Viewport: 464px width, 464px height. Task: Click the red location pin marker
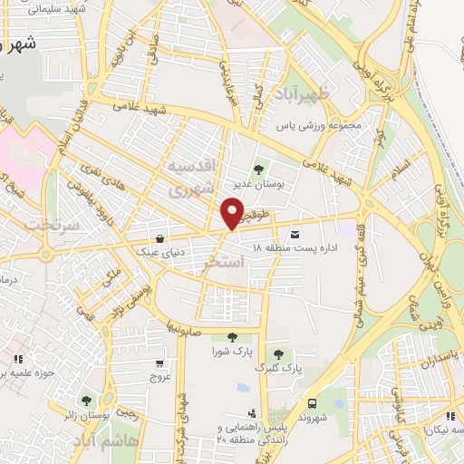tap(232, 214)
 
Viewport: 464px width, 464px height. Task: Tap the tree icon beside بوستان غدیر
tap(259, 168)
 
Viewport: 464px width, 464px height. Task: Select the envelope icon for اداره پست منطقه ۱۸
tap(294, 235)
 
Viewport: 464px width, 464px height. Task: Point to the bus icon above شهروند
tap(312, 403)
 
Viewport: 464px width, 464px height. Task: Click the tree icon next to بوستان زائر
tap(86, 400)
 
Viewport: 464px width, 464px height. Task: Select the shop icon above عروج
tap(160, 362)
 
